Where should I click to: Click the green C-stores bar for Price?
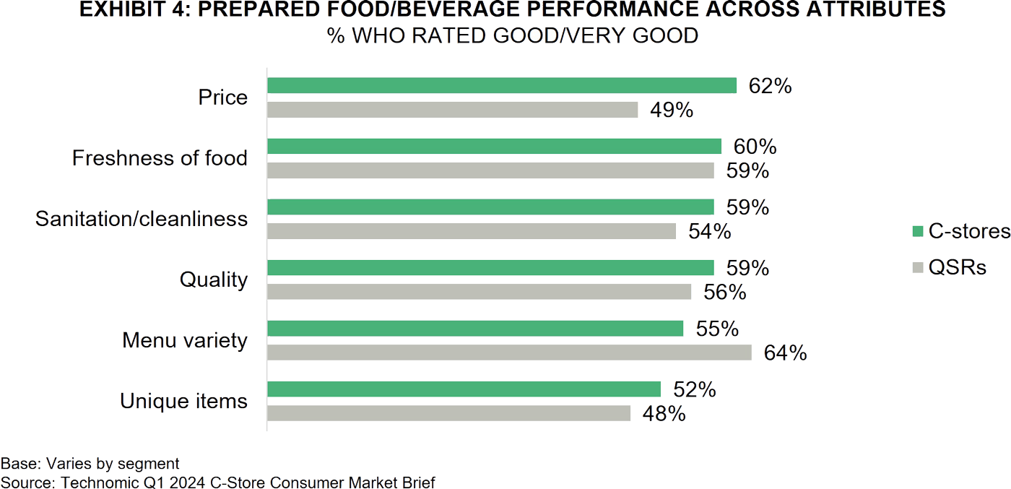coord(502,85)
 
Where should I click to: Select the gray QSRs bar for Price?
coord(453,110)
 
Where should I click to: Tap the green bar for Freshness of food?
coord(495,146)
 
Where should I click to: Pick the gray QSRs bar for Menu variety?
coord(510,352)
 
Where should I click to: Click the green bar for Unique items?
coord(464,389)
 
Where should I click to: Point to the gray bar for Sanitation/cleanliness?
coord(472,231)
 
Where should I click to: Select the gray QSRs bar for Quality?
coord(480,292)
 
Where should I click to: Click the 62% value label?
coord(770,87)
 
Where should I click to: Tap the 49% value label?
coord(672,111)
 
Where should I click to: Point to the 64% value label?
coord(785,353)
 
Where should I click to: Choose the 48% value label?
coord(664,414)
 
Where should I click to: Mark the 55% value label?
coord(716,329)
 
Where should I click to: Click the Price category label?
coord(223,98)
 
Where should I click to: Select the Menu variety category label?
coord(185,340)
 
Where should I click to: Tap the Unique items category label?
coord(183,401)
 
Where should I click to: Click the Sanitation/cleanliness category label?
coord(142,219)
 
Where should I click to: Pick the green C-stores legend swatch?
coord(918,231)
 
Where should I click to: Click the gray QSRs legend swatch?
coord(918,268)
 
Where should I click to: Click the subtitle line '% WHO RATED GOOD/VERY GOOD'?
coord(513,35)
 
